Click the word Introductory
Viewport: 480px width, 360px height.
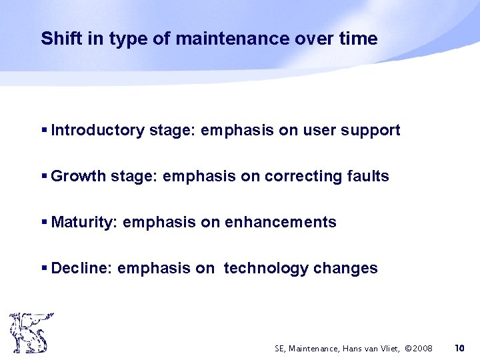pyautogui.click(x=97, y=130)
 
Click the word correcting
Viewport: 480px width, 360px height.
pyautogui.click(x=300, y=177)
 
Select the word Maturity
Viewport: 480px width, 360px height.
pyautogui.click(x=85, y=223)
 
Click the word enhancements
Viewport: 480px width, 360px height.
pyautogui.click(x=281, y=222)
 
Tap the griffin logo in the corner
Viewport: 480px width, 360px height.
pyautogui.click(x=30, y=333)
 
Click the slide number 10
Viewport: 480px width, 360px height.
pyautogui.click(x=459, y=348)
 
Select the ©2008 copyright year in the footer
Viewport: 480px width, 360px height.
pyautogui.click(x=419, y=348)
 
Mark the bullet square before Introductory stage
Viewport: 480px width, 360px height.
pyautogui.click(x=44, y=130)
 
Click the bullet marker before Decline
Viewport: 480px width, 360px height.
pyautogui.click(x=44, y=269)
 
